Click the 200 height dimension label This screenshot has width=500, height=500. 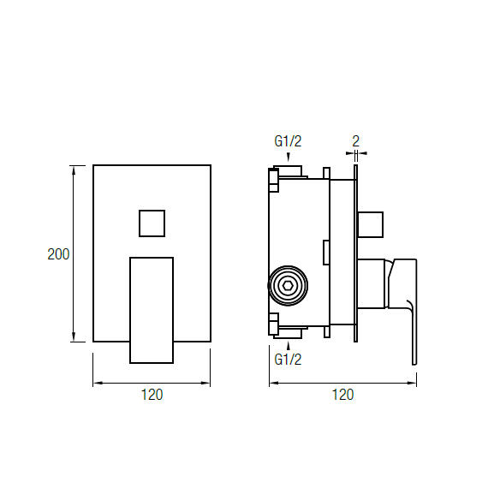(x=58, y=254)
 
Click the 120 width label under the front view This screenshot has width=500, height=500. (x=152, y=395)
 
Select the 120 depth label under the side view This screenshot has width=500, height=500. (x=342, y=395)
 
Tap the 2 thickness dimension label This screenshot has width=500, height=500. (x=355, y=141)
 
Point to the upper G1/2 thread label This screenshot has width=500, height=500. (x=288, y=141)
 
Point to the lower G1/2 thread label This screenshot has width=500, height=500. (x=288, y=360)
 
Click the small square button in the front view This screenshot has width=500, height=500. (x=152, y=223)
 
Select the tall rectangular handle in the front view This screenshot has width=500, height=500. (x=152, y=310)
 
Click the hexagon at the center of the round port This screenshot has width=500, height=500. (x=288, y=286)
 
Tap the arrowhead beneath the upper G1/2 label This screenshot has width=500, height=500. (x=289, y=158)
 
